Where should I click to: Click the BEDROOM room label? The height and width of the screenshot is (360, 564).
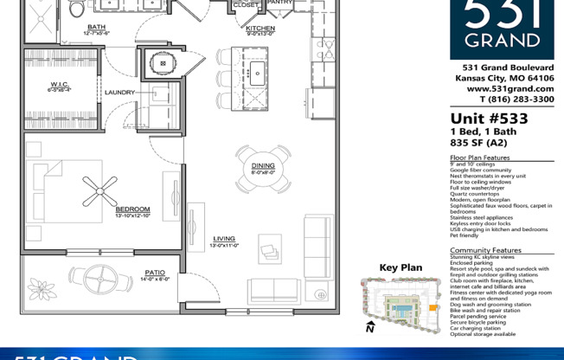pyautogui.click(x=133, y=209)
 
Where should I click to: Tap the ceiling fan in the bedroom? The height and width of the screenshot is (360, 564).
pyautogui.click(x=100, y=188)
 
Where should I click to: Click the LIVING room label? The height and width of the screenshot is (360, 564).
pyautogui.click(x=225, y=239)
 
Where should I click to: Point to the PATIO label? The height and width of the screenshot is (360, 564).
pyautogui.click(x=155, y=272)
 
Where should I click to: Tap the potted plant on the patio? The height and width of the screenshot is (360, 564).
pyautogui.click(x=41, y=289)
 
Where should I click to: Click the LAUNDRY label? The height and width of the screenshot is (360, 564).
pyautogui.click(x=120, y=92)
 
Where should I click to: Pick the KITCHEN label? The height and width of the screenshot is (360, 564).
pyautogui.click(x=260, y=28)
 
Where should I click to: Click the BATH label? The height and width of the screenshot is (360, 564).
pyautogui.click(x=96, y=27)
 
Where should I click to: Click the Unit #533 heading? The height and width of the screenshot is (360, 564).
pyautogui.click(x=489, y=119)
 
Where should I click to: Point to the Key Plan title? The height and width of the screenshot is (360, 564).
pyautogui.click(x=401, y=267)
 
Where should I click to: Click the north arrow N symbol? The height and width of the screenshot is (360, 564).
pyautogui.click(x=369, y=327)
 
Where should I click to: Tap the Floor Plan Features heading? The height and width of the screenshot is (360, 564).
pyautogui.click(x=479, y=157)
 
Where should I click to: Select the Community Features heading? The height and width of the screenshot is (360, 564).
pyautogui.click(x=485, y=250)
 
